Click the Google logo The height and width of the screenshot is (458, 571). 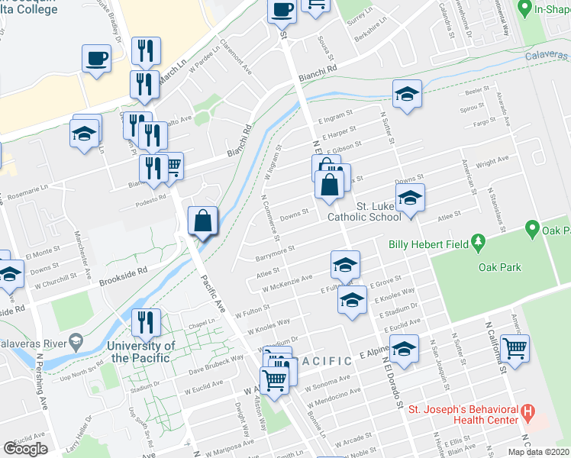[25, 449]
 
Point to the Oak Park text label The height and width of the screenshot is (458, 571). [499, 266]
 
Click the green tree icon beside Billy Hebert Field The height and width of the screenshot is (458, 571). [479, 243]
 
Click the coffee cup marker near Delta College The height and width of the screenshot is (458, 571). [97, 59]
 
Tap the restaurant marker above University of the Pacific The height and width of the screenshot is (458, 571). [145, 321]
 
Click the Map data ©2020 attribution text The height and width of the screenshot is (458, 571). [538, 452]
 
